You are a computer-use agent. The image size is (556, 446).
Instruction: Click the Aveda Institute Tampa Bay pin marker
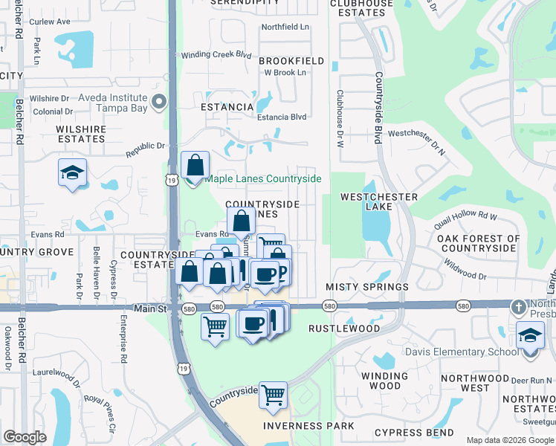[158, 102]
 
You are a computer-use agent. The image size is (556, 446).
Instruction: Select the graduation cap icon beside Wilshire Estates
[72, 173]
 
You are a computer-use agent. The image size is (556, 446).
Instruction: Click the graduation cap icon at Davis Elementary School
[531, 336]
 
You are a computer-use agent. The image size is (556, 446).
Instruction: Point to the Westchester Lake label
[378, 197]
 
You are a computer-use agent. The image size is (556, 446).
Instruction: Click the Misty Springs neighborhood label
[367, 287]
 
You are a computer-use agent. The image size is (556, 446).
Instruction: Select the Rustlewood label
[355, 328]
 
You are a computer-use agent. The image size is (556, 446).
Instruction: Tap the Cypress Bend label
[414, 433]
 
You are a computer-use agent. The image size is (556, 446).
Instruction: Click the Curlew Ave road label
[51, 22]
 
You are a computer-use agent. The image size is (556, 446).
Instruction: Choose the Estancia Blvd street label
[282, 117]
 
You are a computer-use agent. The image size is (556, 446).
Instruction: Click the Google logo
[25, 437]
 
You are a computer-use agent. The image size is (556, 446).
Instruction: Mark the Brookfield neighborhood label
[291, 60]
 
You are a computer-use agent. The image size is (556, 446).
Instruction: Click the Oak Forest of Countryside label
[476, 242]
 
